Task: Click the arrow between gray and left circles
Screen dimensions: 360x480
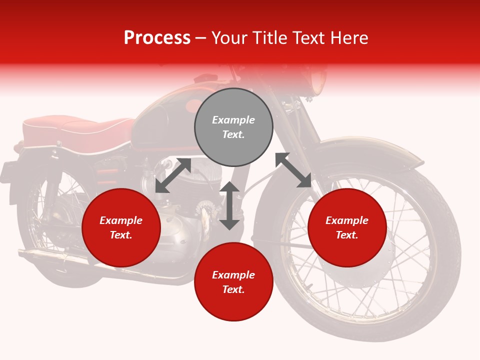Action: point(173,175)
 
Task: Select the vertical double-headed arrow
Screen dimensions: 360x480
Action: point(229,205)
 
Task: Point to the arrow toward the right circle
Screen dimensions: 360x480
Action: point(293,170)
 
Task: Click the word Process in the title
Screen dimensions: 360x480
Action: point(157,37)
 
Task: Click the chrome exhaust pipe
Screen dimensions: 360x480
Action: point(60,257)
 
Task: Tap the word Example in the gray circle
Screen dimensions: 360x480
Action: point(233,120)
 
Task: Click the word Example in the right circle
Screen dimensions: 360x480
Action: point(347,220)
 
